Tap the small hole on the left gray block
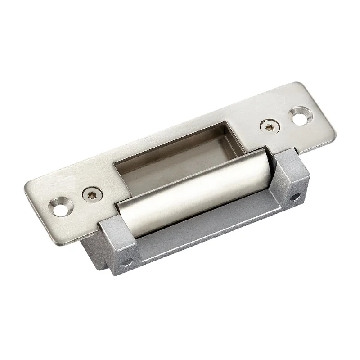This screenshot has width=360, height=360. pos(129,261)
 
